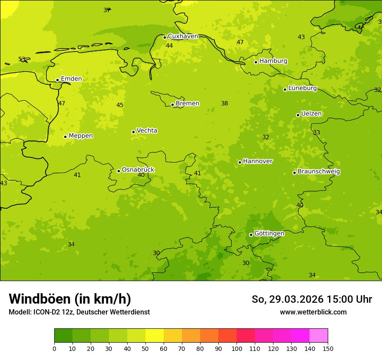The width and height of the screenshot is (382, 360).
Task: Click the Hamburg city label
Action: pos(273,61)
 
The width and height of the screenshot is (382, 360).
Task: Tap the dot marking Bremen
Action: pos(172,105)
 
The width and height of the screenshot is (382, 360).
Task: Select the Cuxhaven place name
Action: pos(183,36)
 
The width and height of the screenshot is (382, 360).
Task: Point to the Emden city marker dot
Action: pos(57,80)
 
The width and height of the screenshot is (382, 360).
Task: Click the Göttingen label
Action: pos(269,234)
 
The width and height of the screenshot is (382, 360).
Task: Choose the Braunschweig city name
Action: pos(319,172)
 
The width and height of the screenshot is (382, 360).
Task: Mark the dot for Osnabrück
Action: pos(119,171)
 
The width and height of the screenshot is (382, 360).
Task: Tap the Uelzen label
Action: pos(311,114)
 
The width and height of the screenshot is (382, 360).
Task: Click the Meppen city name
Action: pos(81,136)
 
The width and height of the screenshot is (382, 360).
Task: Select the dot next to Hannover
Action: pos(240,162)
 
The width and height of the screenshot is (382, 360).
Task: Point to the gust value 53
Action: pos(22,59)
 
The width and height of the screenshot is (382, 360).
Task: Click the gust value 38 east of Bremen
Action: pos(224,104)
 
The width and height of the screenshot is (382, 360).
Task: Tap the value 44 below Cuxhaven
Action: pos(169,46)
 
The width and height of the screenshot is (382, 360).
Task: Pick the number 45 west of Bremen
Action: pos(120,105)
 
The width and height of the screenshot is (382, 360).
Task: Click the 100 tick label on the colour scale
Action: pos(237,348)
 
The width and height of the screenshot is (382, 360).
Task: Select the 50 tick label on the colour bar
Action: pos(145,348)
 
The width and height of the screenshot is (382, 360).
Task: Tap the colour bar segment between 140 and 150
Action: pos(319,336)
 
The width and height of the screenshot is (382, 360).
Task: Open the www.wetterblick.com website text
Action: pos(313,312)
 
